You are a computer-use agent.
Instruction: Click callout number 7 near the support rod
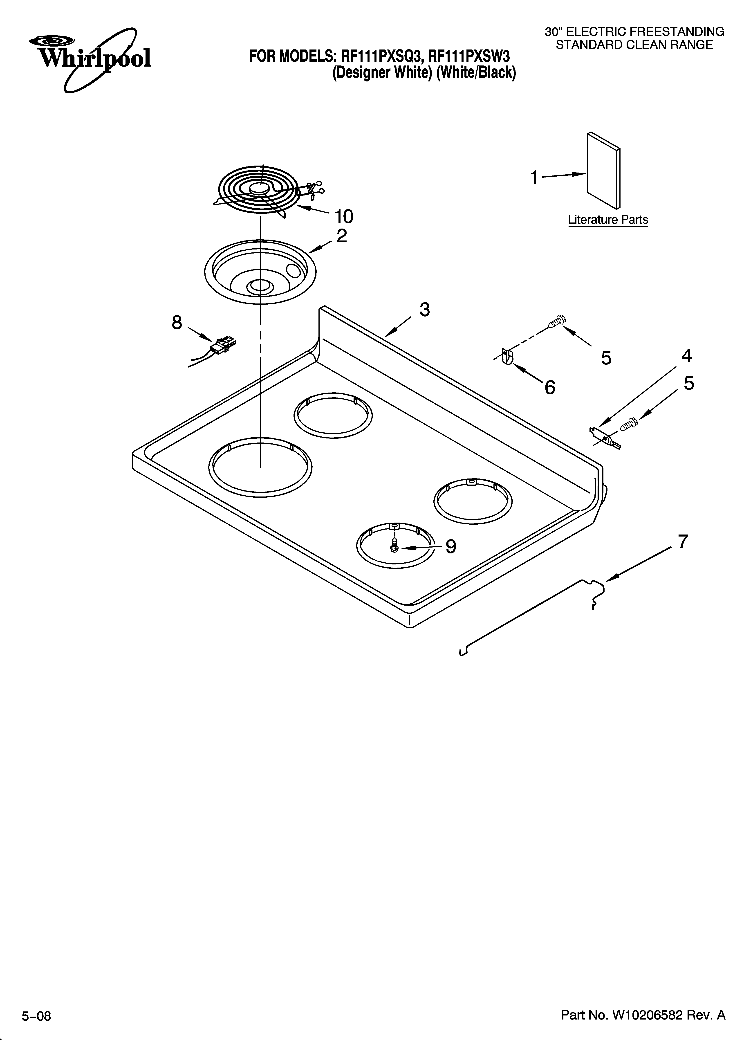tap(683, 541)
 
